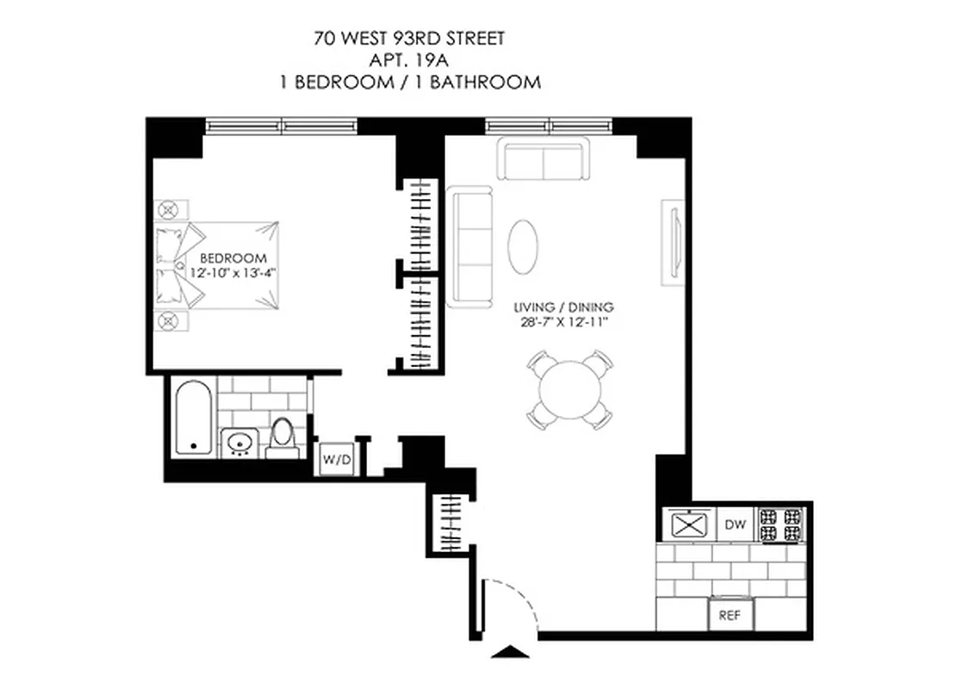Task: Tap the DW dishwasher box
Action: click(734, 524)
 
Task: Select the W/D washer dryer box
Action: click(337, 460)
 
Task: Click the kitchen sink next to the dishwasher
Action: click(688, 525)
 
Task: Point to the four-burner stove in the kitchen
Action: click(780, 525)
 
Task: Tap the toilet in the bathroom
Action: click(281, 437)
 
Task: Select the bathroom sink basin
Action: click(239, 443)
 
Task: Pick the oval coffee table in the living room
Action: click(525, 246)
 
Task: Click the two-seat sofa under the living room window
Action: click(544, 161)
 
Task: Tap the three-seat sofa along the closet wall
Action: click(470, 246)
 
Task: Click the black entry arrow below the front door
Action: click(511, 652)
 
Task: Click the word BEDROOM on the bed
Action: click(233, 258)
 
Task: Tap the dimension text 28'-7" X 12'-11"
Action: click(566, 322)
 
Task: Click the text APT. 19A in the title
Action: click(409, 60)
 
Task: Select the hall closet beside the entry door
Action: click(446, 525)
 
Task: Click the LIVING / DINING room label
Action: click(564, 307)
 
